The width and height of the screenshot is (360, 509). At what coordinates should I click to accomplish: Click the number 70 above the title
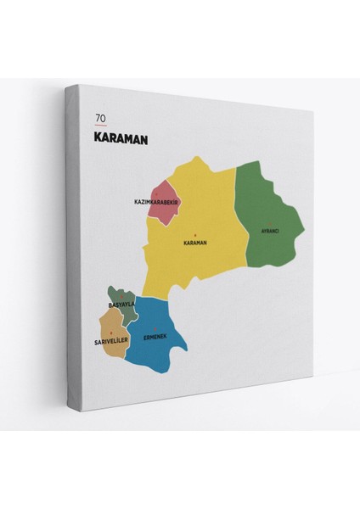coord(102,118)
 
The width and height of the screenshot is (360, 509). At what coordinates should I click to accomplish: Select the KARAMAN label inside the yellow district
coord(195,243)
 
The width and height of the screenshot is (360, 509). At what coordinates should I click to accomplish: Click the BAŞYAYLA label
coord(121,304)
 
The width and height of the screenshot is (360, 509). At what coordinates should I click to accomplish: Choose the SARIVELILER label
coord(112,342)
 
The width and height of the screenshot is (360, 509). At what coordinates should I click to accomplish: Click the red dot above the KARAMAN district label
coord(195,235)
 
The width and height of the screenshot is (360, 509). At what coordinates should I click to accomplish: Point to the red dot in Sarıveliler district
coord(111,334)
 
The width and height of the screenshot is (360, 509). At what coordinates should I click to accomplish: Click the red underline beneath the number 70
coord(101,126)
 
